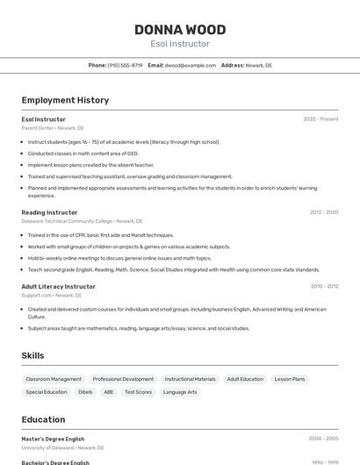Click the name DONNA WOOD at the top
[180, 30]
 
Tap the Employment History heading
[65, 100]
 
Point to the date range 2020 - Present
[320, 118]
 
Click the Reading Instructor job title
[49, 212]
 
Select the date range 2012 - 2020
[324, 212]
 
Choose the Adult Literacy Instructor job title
[58, 286]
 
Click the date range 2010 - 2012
[324, 286]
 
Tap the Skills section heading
[32, 355]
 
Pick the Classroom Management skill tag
[54, 379]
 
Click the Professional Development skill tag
[123, 379]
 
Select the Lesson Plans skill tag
[290, 379]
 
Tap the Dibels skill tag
[85, 392]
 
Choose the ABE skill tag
[109, 392]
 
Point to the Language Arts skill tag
[180, 392]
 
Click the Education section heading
[43, 419]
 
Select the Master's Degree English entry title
[53, 438]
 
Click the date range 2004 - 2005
[323, 438]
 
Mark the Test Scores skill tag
[138, 392]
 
